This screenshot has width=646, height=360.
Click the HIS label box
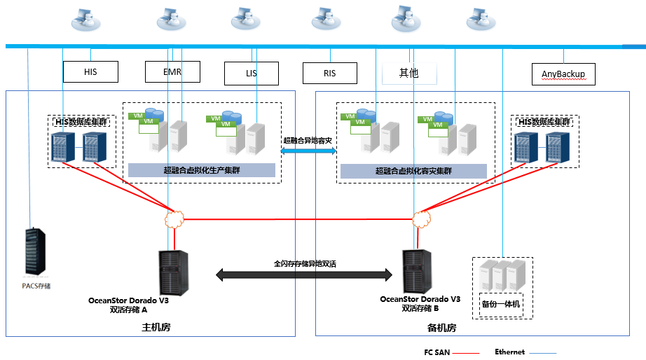coord(90,72)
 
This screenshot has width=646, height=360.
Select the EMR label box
coord(172,72)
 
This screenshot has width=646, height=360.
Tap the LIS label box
coord(252,73)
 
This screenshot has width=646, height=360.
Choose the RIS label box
coord(330,73)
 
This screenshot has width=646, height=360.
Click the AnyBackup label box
coord(563,74)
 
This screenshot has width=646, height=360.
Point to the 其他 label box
coord(409,73)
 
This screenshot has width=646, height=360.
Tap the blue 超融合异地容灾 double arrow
coord(308,150)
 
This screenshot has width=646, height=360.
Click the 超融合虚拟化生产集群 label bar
coord(201,170)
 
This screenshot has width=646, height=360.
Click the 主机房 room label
coord(157,328)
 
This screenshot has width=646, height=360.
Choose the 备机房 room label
coord(442,328)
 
